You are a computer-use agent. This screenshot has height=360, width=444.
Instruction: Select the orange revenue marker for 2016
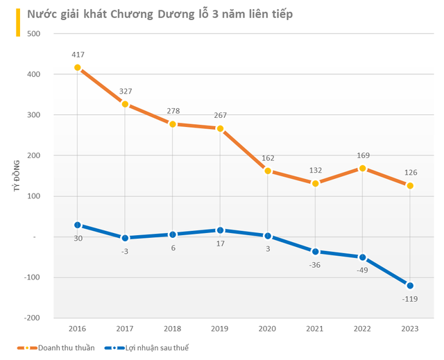click(x=77, y=68)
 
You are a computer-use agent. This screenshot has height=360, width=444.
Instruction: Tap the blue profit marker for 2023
click(x=410, y=286)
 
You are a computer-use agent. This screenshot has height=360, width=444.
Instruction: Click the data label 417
click(x=77, y=54)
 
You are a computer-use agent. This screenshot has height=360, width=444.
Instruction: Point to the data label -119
click(x=410, y=300)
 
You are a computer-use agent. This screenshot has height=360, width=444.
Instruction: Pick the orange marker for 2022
click(x=363, y=169)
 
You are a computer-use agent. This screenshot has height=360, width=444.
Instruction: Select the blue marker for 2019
click(x=220, y=230)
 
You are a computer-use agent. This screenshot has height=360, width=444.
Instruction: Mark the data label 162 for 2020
click(x=268, y=157)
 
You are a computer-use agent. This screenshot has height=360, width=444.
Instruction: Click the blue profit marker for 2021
click(x=315, y=252)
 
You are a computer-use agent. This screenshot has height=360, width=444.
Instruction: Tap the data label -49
click(x=363, y=271)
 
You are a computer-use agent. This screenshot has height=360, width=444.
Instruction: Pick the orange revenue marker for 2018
click(x=172, y=124)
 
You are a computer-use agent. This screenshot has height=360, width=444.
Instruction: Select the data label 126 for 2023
click(x=410, y=173)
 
